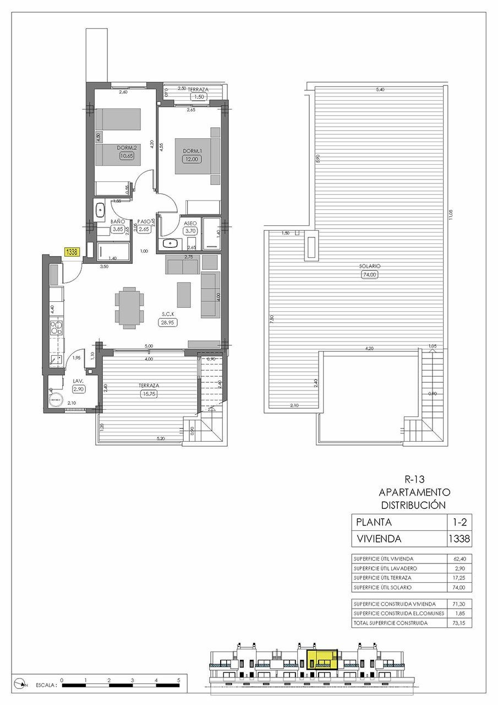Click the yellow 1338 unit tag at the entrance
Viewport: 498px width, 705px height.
72,252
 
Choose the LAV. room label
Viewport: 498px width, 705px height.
78,380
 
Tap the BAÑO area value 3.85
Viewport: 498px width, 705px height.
117,230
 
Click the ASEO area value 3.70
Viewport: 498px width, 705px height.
190,231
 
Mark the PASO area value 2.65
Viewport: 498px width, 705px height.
144,230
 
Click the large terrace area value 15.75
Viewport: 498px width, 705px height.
149,394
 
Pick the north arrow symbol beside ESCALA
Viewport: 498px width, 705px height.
21,685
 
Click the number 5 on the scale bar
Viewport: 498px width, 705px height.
179,680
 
